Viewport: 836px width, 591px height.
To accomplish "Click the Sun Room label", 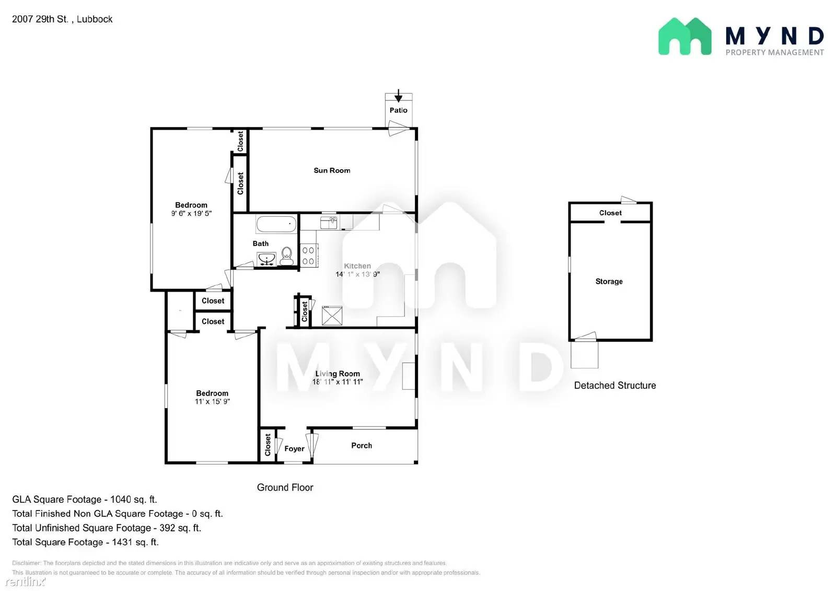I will coord(332,170).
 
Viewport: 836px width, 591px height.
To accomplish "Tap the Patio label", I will coord(398,110).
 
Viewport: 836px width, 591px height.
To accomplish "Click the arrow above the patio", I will coord(398,96).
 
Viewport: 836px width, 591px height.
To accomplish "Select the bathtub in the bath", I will coord(276,224).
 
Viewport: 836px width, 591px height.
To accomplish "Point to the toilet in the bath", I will coord(286,256).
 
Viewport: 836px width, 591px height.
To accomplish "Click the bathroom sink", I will coord(266,259).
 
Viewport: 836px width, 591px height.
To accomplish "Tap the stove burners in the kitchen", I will coord(308,256).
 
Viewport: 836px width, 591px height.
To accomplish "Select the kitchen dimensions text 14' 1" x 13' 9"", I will coord(357,274).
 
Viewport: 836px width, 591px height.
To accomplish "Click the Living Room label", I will coord(338,374).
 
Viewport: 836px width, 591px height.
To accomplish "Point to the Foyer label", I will coord(294,448).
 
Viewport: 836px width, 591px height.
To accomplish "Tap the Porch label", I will coord(362,445).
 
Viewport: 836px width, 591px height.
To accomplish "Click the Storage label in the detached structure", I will coord(609,281).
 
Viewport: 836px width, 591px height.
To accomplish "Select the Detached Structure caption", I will coord(615,385).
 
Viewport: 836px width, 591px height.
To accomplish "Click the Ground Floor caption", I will coord(285,487).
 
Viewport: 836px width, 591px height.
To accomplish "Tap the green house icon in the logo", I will coord(684,37).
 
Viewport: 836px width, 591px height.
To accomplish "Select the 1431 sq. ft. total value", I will coord(135,542).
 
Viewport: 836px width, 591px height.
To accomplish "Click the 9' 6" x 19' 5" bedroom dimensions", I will coord(191,213).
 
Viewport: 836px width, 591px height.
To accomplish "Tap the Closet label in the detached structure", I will coord(610,213).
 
